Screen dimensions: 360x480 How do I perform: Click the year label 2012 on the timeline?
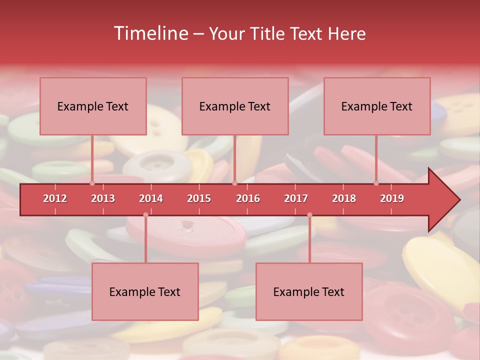(55, 198)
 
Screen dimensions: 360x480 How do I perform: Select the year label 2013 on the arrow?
(103, 198)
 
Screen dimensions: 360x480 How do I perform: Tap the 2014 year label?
(151, 198)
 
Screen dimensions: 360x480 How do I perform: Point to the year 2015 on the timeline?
(199, 198)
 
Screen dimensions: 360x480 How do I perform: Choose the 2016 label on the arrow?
(248, 198)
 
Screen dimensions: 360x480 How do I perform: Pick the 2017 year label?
(296, 198)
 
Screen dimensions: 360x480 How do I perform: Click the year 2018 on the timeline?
(344, 198)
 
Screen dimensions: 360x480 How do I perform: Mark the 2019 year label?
(392, 198)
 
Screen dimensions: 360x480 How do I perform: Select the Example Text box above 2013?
(93, 106)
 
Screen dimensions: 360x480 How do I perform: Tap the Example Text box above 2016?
(235, 106)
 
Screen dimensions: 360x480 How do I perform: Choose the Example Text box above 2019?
(377, 106)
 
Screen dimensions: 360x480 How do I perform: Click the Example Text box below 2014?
(145, 291)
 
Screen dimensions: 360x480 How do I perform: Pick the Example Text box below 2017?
(309, 291)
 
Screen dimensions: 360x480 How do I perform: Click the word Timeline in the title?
(150, 33)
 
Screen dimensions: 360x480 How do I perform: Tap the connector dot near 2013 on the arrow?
(92, 183)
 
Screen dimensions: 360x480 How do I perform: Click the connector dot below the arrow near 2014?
(145, 215)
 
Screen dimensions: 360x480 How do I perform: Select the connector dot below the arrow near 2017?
(309, 215)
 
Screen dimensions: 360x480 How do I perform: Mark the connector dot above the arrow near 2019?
(376, 183)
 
